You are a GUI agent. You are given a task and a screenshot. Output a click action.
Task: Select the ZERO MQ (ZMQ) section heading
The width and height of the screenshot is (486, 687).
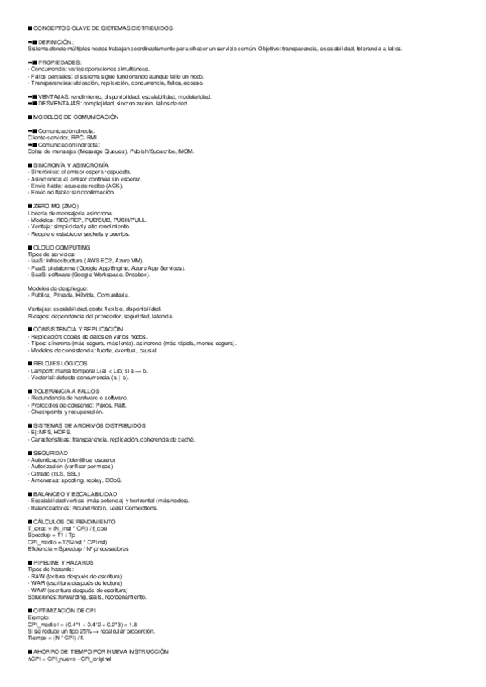tap(57, 207)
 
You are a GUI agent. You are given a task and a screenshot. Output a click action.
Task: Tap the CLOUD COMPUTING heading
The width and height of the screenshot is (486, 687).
tap(62, 246)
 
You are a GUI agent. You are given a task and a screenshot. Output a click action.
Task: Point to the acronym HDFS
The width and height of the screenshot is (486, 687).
tap(62, 432)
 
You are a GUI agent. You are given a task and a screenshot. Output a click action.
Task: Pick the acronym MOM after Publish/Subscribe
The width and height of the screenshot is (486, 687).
tap(186, 151)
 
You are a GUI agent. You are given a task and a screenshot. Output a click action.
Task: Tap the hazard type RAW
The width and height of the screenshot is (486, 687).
tap(37, 575)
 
